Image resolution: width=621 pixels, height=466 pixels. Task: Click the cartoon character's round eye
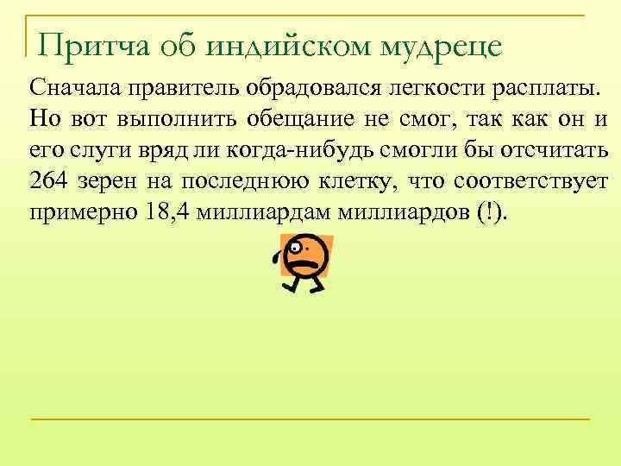pos(297,248)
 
